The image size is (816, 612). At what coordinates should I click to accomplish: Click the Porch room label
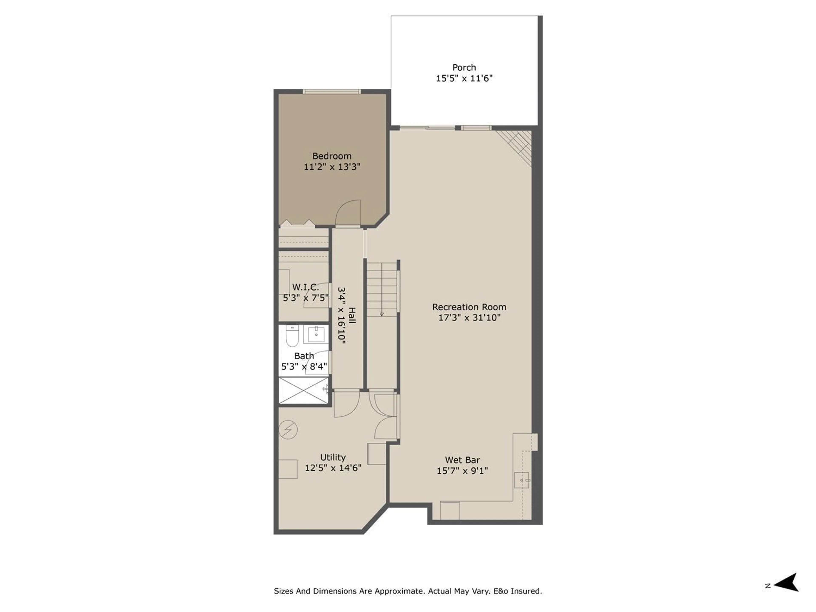click(464, 68)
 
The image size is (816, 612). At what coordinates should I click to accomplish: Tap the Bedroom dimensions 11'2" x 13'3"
click(332, 167)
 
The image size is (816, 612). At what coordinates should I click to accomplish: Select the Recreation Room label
click(469, 307)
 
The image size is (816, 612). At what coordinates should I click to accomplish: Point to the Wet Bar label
click(462, 460)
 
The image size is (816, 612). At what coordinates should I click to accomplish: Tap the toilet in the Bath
click(292, 336)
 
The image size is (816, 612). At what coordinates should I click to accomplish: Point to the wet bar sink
click(522, 480)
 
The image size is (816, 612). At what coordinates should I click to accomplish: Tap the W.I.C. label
click(305, 287)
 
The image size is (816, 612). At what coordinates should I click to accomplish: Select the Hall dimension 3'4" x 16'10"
click(342, 316)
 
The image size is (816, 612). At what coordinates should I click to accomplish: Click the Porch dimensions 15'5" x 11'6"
click(464, 78)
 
